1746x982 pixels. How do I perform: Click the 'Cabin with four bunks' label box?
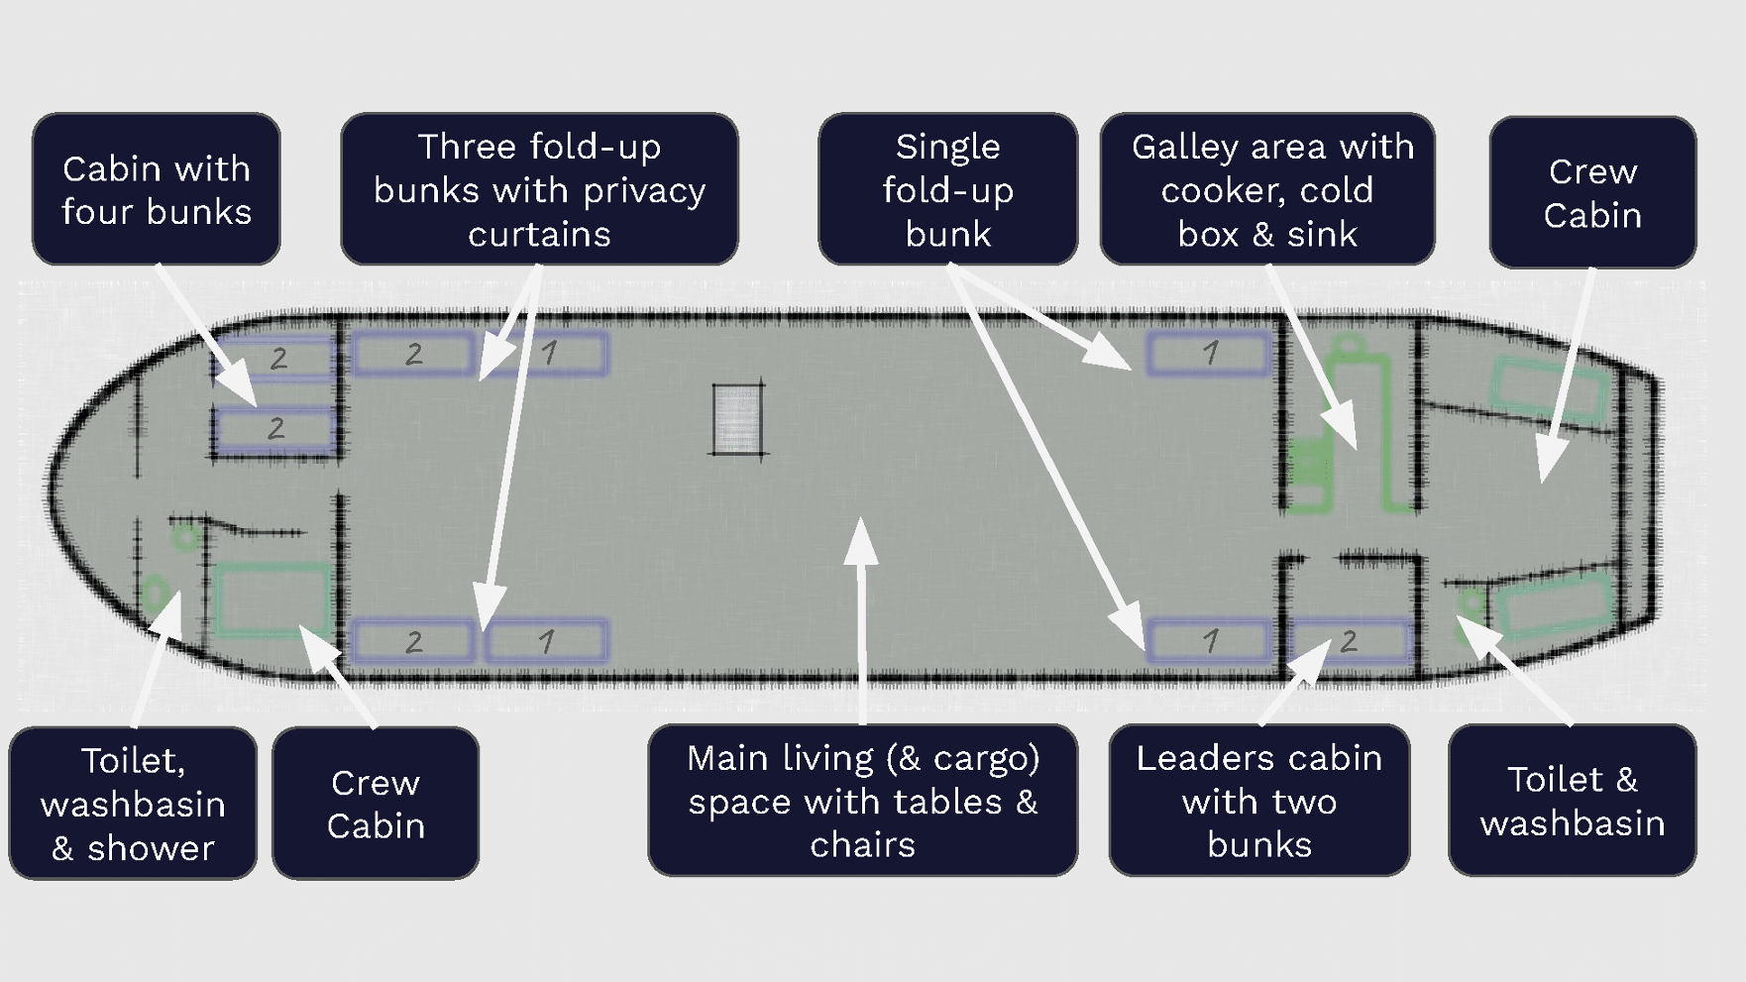[157, 189]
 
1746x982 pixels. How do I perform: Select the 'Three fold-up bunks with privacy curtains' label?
[540, 189]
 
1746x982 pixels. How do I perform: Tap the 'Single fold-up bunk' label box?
[948, 189]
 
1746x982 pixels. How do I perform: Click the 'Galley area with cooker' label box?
[1268, 189]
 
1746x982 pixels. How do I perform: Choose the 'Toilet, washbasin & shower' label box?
[133, 804]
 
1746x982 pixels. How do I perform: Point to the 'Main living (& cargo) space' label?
[863, 801]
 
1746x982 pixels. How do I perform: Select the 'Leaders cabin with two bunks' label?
[1259, 801]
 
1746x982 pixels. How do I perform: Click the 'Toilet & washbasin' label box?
[1573, 801]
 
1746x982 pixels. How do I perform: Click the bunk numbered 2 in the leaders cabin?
[1351, 641]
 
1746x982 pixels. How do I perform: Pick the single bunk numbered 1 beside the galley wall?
[1209, 354]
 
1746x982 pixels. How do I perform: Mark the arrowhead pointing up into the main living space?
[861, 541]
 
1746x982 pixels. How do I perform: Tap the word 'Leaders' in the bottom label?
[1197, 758]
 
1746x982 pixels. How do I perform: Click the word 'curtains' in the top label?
[540, 235]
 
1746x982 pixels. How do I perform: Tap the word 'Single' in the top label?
[948, 148]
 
